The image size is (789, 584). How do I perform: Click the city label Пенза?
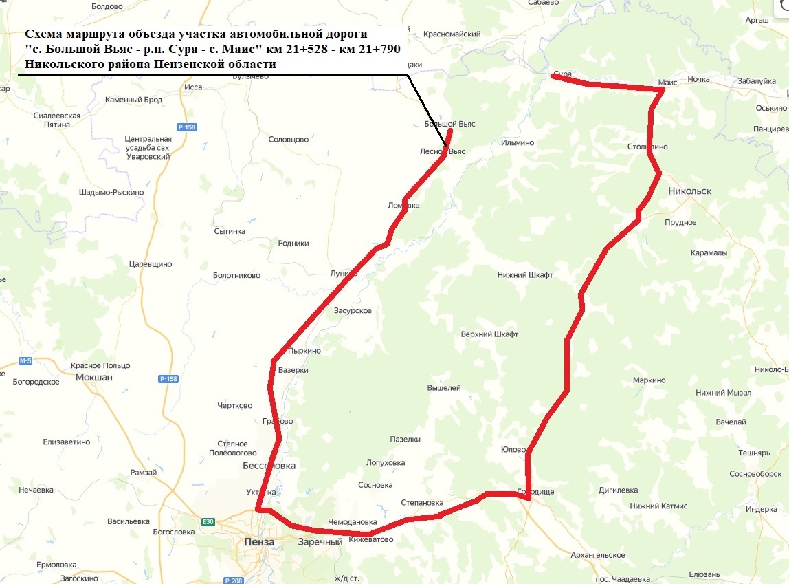(x=259, y=542)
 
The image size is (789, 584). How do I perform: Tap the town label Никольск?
(x=689, y=191)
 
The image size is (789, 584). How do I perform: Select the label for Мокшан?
(x=93, y=377)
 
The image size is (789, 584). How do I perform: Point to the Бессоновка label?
(x=269, y=466)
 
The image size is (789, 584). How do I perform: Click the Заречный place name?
(x=320, y=542)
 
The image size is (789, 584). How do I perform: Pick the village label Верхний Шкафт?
(x=489, y=334)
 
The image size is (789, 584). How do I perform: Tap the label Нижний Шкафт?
(x=525, y=275)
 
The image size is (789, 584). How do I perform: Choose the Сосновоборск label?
(x=755, y=474)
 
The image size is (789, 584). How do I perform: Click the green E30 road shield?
(x=208, y=522)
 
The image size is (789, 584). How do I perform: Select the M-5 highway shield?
(x=25, y=361)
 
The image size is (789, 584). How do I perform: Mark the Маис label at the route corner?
(x=667, y=82)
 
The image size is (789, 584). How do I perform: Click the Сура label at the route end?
(x=562, y=74)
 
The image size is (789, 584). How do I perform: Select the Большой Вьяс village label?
(x=449, y=124)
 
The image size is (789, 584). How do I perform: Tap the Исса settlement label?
(x=193, y=87)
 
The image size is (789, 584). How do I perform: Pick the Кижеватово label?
(x=370, y=539)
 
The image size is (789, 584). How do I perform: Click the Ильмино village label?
(x=518, y=142)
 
